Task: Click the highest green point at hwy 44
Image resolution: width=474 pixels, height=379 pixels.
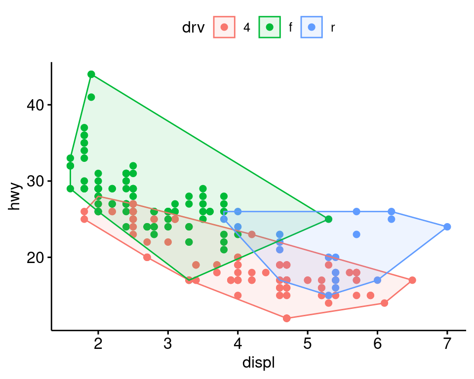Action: (x=91, y=75)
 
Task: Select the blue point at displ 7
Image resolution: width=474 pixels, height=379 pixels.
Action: (x=447, y=227)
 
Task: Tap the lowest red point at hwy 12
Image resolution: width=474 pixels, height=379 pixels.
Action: (x=287, y=318)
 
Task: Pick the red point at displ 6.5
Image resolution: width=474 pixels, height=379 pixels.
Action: (x=412, y=280)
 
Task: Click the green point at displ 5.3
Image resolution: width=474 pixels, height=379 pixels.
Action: (x=328, y=219)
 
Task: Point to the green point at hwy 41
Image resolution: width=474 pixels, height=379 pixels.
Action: (x=91, y=97)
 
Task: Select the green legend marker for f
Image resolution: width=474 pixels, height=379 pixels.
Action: (x=270, y=27)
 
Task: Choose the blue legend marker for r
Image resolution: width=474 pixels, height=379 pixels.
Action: (x=311, y=27)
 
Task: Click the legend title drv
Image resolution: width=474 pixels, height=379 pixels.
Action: (x=193, y=28)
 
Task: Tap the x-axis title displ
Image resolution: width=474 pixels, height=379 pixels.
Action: (x=258, y=363)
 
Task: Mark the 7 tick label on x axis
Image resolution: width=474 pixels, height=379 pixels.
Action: (x=447, y=343)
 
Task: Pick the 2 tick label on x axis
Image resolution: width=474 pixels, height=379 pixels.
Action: (x=98, y=343)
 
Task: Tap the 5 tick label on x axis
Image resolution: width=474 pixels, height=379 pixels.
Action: (x=308, y=343)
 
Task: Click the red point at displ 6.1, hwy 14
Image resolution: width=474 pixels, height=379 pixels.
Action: (x=384, y=303)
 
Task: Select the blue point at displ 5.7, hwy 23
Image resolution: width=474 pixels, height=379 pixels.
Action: (x=356, y=234)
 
